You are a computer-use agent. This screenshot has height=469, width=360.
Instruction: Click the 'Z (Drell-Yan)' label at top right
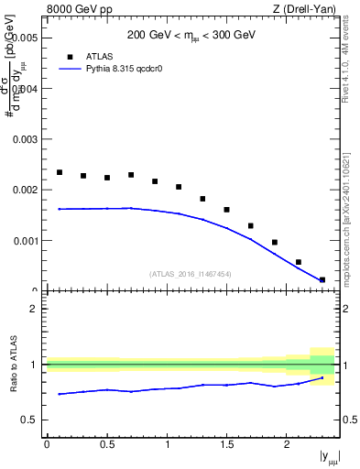click(x=304, y=10)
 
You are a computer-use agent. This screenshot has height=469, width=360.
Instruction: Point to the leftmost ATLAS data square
click(x=60, y=172)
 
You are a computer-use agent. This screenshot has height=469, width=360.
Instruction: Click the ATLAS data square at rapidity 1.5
click(x=226, y=210)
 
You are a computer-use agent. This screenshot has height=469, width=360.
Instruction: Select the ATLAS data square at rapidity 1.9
click(x=275, y=243)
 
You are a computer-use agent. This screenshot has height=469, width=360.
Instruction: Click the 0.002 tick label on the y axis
click(x=26, y=191)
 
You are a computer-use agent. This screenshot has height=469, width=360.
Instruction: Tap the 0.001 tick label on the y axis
click(x=26, y=241)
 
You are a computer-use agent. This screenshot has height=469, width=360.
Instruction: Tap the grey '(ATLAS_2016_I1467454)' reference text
click(x=191, y=274)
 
